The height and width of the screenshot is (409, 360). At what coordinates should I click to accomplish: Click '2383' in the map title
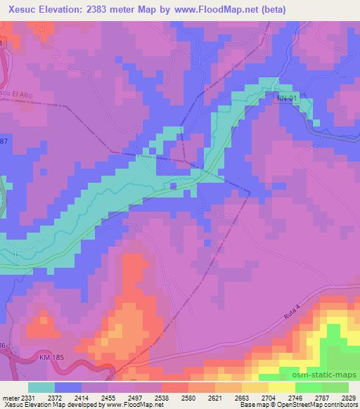point(101,9)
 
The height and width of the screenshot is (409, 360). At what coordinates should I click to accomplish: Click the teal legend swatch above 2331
point(41,387)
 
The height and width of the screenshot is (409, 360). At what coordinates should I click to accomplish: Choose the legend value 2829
point(349,397)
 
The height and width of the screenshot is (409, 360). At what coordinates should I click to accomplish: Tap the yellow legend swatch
point(281,387)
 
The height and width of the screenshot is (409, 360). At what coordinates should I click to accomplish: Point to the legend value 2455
point(122,397)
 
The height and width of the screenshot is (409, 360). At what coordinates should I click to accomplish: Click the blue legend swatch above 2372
point(67,387)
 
